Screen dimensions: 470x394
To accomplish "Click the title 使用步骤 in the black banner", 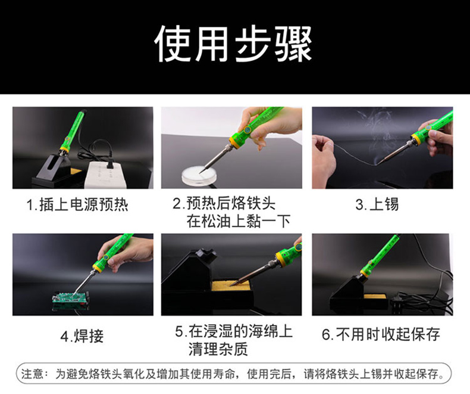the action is pos(233,44).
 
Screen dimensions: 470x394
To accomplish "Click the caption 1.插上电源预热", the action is pos(77,205).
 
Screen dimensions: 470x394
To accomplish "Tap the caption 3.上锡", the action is pos(377,204).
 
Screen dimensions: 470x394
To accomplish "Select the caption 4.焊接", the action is pos(82,336).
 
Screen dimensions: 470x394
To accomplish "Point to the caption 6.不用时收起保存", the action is pos(381,334).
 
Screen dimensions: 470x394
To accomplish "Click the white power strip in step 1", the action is pos(105,174).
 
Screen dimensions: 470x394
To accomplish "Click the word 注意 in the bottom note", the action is pos(32,374).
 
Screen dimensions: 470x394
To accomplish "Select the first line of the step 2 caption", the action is pos(224,204).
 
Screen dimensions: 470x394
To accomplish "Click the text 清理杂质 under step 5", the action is pos(218,349).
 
